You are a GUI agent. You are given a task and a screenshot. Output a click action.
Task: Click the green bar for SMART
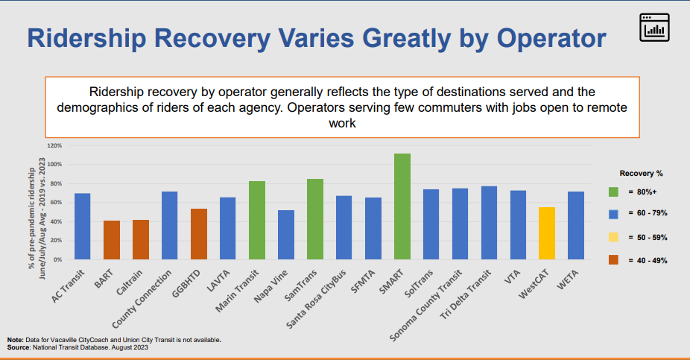pos(402,206)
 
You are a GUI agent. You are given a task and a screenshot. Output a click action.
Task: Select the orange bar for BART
pos(112,240)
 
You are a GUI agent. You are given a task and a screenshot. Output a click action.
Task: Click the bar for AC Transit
pos(83,227)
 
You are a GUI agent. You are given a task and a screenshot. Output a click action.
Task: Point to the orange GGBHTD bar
pos(199,234)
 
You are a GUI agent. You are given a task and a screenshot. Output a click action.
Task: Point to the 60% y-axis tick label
pos(57,203)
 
